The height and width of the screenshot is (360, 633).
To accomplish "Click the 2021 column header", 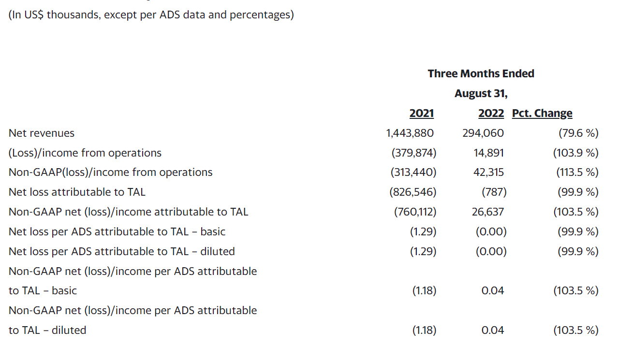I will (421, 113).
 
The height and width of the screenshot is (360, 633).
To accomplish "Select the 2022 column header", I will (491, 113).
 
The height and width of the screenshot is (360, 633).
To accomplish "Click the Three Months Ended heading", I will (481, 73).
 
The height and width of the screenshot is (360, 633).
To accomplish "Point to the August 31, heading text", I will (481, 93).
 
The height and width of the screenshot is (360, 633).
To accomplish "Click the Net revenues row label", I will (42, 133).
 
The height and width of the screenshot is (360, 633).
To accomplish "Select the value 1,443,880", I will (410, 133).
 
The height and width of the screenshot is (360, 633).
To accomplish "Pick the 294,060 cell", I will (483, 133).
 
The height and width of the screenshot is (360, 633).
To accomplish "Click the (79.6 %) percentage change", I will (578, 133).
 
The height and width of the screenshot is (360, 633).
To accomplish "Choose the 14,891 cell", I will (488, 153).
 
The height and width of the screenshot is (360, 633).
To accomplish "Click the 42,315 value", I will (488, 172).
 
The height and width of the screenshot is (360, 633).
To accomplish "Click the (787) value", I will (494, 192).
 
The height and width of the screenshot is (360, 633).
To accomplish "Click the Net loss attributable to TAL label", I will (77, 192).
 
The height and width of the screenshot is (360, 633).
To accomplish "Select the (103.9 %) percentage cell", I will (575, 153).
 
